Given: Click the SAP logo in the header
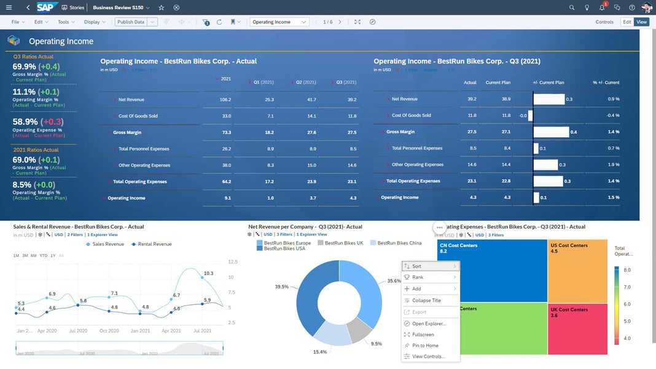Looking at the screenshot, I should click(x=47, y=7).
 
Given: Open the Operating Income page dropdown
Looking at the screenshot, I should click(x=279, y=22).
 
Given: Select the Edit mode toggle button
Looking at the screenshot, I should click(x=627, y=22).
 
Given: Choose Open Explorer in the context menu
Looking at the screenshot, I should click(x=429, y=323).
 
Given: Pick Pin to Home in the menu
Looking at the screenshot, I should click(x=425, y=346).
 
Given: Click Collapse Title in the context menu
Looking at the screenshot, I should click(x=426, y=301).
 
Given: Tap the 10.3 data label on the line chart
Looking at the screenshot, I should click(x=208, y=273).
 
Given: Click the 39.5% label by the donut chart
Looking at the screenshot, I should click(x=282, y=287).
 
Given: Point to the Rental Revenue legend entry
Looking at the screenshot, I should click(x=154, y=244).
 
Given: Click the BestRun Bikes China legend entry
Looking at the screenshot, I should click(x=399, y=243).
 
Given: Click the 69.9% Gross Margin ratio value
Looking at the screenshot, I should click(x=25, y=66).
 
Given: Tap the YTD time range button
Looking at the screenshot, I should click(x=43, y=255).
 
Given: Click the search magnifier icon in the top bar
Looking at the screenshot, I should click(x=572, y=7).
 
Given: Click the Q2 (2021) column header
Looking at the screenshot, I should click(x=306, y=82).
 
